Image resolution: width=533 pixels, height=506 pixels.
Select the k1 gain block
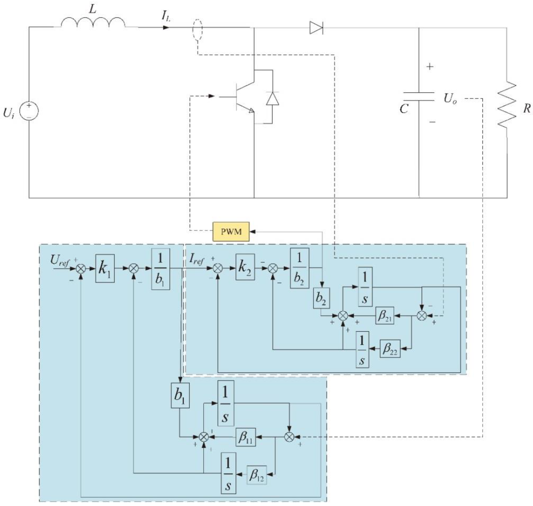pyautogui.click(x=105, y=268)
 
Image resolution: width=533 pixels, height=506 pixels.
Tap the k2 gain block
pyautogui.click(x=245, y=267)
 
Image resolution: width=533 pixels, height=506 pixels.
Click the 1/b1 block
pyautogui.click(x=161, y=269)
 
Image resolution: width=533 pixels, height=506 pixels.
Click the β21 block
pyautogui.click(x=384, y=315)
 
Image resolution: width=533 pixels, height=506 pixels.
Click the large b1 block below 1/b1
pyautogui.click(x=180, y=395)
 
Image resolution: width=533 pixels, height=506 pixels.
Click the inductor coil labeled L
pyautogui.click(x=93, y=23)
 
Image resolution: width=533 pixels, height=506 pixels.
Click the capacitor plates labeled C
pyautogui.click(x=419, y=96)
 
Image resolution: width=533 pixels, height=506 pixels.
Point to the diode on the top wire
pyautogui.click(x=316, y=28)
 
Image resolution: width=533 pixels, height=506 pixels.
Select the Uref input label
pyautogui.click(x=59, y=260)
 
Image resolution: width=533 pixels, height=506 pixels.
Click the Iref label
pyautogui.click(x=197, y=259)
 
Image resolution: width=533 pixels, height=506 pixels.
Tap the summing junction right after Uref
pyautogui.click(x=81, y=268)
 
